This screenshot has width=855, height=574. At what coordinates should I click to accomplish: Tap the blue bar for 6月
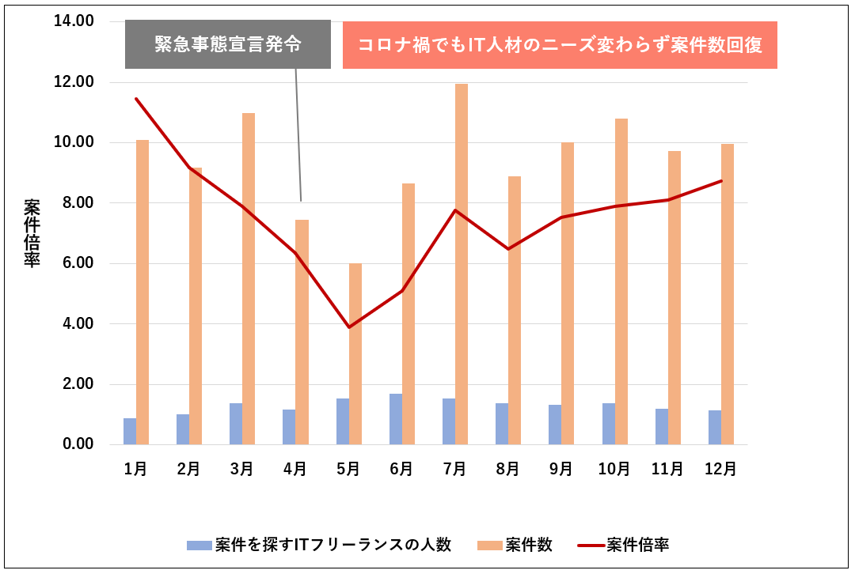coord(395,419)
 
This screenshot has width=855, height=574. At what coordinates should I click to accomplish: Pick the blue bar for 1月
coord(130,431)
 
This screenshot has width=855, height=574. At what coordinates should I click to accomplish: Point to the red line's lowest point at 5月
coord(349,327)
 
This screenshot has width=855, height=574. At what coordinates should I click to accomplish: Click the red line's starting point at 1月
coord(136,99)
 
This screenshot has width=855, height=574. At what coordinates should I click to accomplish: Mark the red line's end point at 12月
coord(720,181)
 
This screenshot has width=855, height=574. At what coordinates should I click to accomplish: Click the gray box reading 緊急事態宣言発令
coord(228,44)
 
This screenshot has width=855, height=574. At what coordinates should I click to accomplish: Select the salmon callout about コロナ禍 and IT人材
coord(560,45)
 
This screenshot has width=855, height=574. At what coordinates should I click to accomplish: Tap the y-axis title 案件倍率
coord(32,233)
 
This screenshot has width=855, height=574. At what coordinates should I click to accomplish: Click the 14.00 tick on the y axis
coord(74,21)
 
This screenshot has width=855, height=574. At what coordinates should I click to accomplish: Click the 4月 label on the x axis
coord(295,469)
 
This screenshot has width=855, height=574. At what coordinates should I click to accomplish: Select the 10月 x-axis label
coord(614,469)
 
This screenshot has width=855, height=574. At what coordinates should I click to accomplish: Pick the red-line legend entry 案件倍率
coord(625,545)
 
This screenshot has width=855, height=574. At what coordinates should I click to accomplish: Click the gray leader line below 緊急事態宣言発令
coord(298,134)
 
